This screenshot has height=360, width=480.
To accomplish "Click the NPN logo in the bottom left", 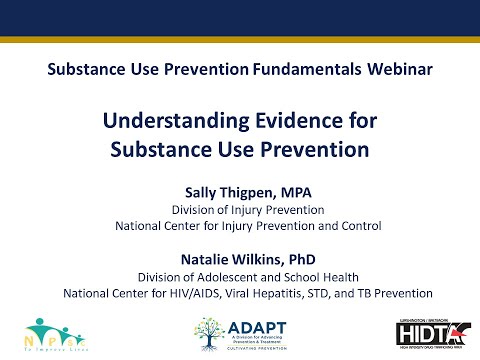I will pyautogui.click(x=48, y=330).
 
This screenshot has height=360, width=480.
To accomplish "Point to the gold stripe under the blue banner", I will pyautogui.click(x=240, y=38).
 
